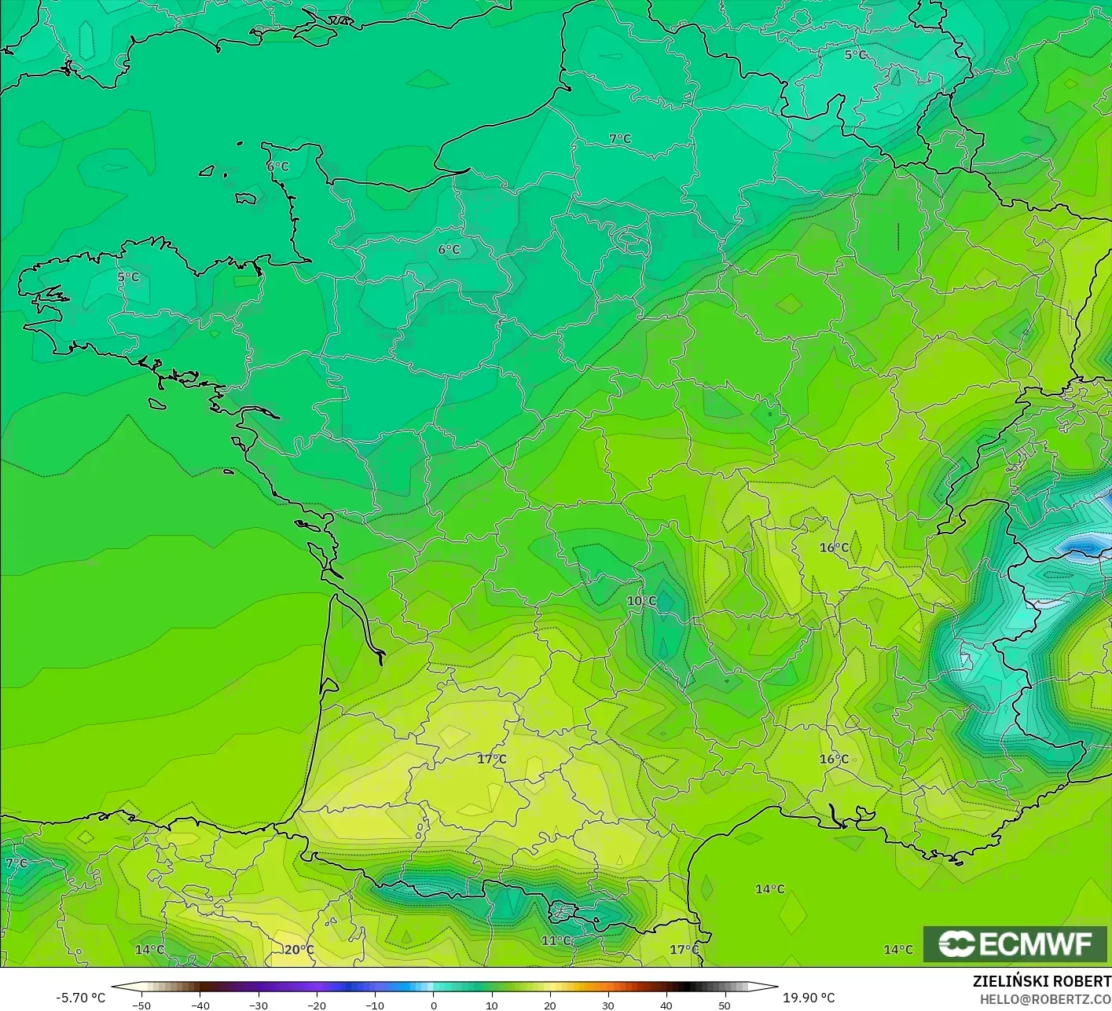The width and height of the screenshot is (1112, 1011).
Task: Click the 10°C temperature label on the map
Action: pos(641,601)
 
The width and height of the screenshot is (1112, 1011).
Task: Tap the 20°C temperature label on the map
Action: pos(299,950)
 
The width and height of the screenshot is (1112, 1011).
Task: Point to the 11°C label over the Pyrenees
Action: pos(556,940)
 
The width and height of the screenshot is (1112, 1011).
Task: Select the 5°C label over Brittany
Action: pos(128,277)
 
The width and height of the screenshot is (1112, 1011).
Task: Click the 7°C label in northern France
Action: pos(620,139)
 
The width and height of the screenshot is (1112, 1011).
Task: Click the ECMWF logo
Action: pos(1015,943)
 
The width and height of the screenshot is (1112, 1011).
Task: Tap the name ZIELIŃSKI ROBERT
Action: pos(1041,981)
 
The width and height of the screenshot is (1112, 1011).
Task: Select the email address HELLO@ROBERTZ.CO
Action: pos(1045,998)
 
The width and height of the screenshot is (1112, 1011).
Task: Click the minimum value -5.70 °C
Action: pos(80,998)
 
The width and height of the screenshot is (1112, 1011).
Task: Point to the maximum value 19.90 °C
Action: pos(809,998)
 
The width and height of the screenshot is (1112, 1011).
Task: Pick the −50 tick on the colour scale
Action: pos(141,1006)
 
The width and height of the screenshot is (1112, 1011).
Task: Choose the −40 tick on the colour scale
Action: pos(200,1006)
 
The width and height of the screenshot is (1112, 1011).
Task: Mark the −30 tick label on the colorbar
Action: pos(259,1006)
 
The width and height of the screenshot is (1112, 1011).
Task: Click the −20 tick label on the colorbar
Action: pos(317,1006)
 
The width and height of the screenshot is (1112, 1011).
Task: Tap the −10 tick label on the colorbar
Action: pos(375,1006)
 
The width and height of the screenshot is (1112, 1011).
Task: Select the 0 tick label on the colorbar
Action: pos(434,1006)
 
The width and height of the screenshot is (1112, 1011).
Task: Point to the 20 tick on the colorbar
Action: pos(550,1006)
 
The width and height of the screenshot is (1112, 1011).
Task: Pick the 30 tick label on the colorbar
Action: pos(608,1006)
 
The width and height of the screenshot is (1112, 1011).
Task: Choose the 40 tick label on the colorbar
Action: pos(666,1006)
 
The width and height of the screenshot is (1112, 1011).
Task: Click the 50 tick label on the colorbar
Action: pos(725,1006)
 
